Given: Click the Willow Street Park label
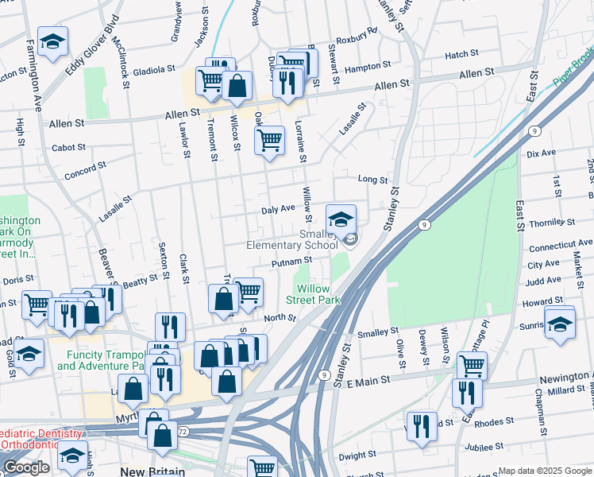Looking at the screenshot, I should (x=318, y=294).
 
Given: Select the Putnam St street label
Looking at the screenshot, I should (x=291, y=261).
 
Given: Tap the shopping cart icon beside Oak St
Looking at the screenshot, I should (x=269, y=142).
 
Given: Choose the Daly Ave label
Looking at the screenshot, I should (x=278, y=208).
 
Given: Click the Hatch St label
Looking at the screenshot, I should (x=461, y=54).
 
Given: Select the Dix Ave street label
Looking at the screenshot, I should (x=541, y=152).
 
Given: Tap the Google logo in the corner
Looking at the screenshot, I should (x=26, y=468).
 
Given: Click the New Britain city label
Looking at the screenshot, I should (x=153, y=471).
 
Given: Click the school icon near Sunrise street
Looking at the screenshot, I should (x=560, y=324).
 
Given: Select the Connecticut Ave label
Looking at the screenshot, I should (x=561, y=243).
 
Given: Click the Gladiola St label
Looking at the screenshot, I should (x=147, y=70).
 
